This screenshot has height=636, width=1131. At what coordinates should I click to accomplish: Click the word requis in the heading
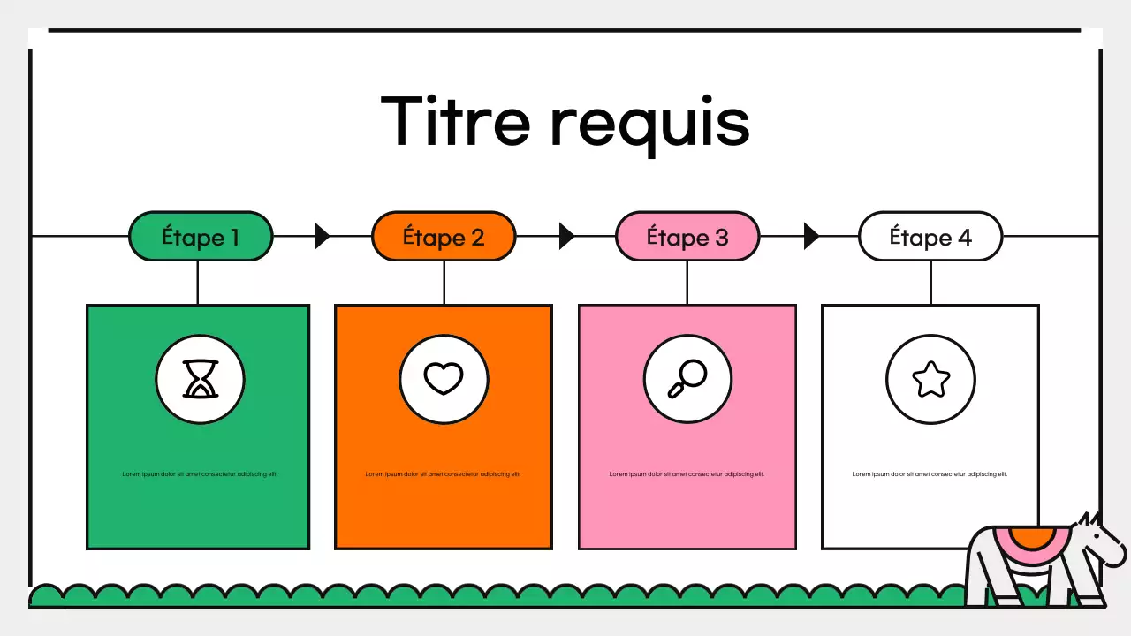pyautogui.click(x=650, y=124)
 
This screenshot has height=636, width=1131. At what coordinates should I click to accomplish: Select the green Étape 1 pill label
pyautogui.click(x=201, y=237)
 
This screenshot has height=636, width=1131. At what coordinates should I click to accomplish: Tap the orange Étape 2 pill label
pyautogui.click(x=444, y=237)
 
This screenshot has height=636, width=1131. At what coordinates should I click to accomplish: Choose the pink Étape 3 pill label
pyautogui.click(x=687, y=237)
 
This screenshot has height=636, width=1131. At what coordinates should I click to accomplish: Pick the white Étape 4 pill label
pyautogui.click(x=930, y=237)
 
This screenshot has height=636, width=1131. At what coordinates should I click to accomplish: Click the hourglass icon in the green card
pyautogui.click(x=200, y=380)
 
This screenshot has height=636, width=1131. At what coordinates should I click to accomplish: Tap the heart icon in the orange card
pyautogui.click(x=444, y=380)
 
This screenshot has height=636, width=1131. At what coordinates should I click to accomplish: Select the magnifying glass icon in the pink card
pyautogui.click(x=687, y=380)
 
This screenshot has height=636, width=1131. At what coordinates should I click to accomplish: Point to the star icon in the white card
pyautogui.click(x=930, y=381)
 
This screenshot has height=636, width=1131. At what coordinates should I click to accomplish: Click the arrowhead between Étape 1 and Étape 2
pyautogui.click(x=322, y=236)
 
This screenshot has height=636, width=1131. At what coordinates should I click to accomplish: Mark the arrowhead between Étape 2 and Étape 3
pyautogui.click(x=566, y=236)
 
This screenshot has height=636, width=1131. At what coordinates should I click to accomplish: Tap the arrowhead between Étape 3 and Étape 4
pyautogui.click(x=810, y=236)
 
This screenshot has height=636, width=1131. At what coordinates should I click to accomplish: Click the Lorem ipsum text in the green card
pyautogui.click(x=200, y=474)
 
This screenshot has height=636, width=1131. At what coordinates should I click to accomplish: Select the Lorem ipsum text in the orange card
pyautogui.click(x=444, y=474)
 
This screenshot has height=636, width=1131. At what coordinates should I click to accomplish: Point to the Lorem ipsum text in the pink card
pyautogui.click(x=687, y=474)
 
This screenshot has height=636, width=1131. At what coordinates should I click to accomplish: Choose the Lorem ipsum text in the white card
pyautogui.click(x=930, y=474)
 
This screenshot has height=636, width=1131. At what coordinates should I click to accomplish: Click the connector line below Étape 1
pyautogui.click(x=198, y=283)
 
